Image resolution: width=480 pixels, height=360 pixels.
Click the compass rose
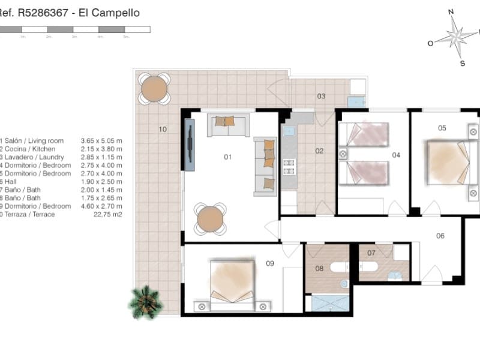[x=457, y=37]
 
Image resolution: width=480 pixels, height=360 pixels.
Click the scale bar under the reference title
[x=75, y=29]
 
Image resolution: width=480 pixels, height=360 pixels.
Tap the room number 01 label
[x=227, y=157]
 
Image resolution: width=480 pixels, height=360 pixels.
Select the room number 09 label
[x=269, y=262]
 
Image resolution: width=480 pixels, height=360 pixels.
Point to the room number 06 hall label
[x=440, y=236]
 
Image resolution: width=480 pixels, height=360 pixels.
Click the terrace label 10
[x=163, y=129]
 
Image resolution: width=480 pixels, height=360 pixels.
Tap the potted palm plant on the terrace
[x=146, y=301]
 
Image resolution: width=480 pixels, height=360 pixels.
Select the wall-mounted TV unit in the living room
[x=190, y=145]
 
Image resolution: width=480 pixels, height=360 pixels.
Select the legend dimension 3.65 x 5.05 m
[x=101, y=141]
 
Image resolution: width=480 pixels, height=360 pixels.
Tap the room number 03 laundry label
[x=321, y=96]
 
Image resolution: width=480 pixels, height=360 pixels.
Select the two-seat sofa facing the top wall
[x=229, y=124]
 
